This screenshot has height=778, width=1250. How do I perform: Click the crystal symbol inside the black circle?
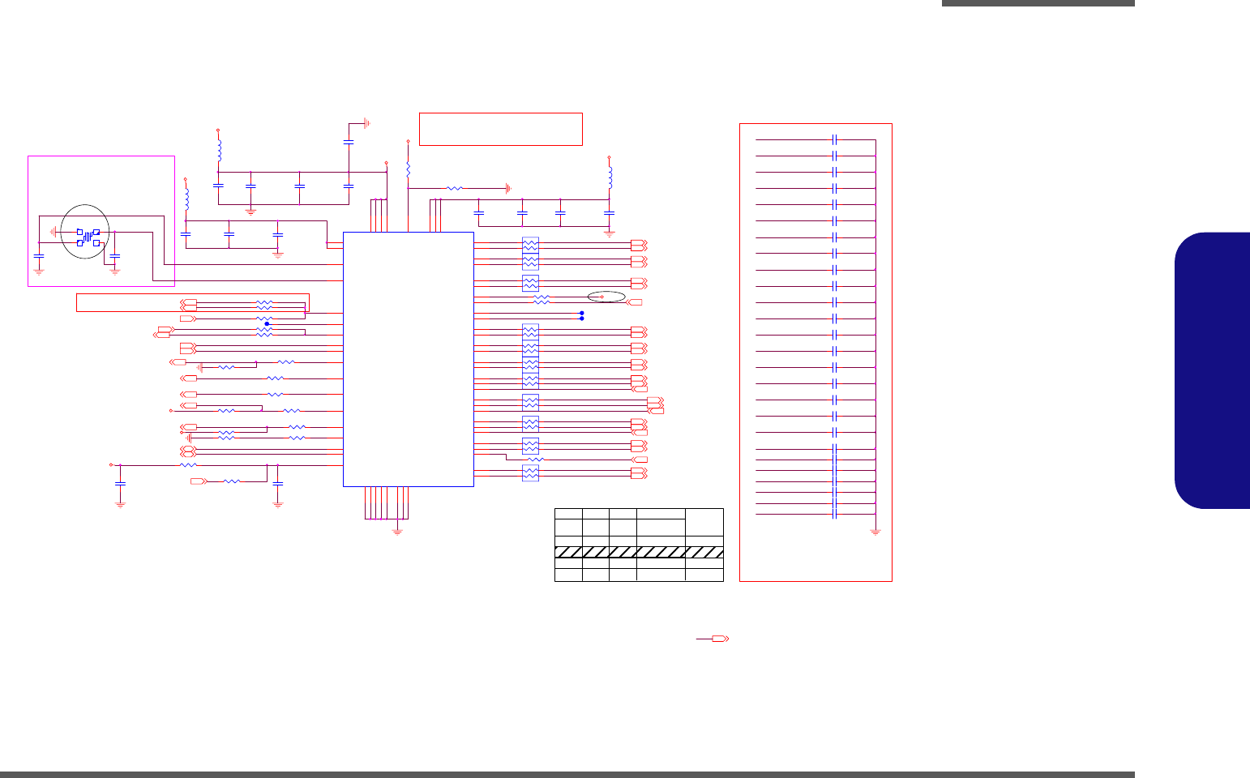[88, 237]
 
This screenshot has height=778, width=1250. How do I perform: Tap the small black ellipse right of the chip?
[606, 297]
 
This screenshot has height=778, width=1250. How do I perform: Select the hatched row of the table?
[639, 552]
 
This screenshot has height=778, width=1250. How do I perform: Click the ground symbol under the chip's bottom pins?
[397, 532]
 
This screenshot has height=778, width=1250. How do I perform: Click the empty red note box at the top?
[500, 129]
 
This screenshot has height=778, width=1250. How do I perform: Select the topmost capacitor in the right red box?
[834, 139]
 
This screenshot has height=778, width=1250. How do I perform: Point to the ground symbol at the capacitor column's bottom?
[875, 532]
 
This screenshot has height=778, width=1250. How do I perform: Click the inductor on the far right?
[610, 177]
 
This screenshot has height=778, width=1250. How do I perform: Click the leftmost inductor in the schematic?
[186, 199]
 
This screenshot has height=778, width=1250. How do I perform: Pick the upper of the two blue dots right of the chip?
[582, 313]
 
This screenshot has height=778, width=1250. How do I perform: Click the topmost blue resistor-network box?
[530, 244]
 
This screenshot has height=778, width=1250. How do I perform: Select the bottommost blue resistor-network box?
[530, 472]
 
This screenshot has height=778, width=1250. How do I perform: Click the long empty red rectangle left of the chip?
[192, 302]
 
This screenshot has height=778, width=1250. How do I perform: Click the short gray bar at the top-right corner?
[1038, 3]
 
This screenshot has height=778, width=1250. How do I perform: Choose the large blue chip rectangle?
[408, 359]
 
